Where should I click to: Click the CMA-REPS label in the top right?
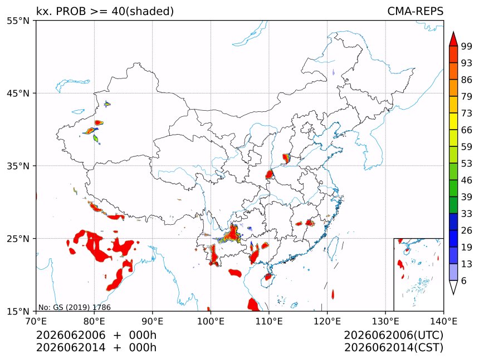point(415,11)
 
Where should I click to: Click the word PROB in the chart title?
point(71,11)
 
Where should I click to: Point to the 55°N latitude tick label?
point(18,21)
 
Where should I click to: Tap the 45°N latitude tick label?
point(18,93)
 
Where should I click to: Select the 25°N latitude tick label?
point(18,238)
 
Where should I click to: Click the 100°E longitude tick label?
point(211,321)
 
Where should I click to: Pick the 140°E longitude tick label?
point(443,321)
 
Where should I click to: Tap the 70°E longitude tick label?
point(36,321)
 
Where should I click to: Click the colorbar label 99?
point(467,46)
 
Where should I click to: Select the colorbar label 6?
point(464,280)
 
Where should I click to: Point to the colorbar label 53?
point(467,164)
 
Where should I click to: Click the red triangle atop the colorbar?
point(453,39)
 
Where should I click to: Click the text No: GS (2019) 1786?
point(74,307)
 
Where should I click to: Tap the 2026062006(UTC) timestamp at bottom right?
point(393,335)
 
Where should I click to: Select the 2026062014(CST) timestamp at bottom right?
point(393,348)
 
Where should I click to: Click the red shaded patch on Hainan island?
point(268,277)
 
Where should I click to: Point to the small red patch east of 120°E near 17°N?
point(333,294)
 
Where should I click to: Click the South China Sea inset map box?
point(418,274)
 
